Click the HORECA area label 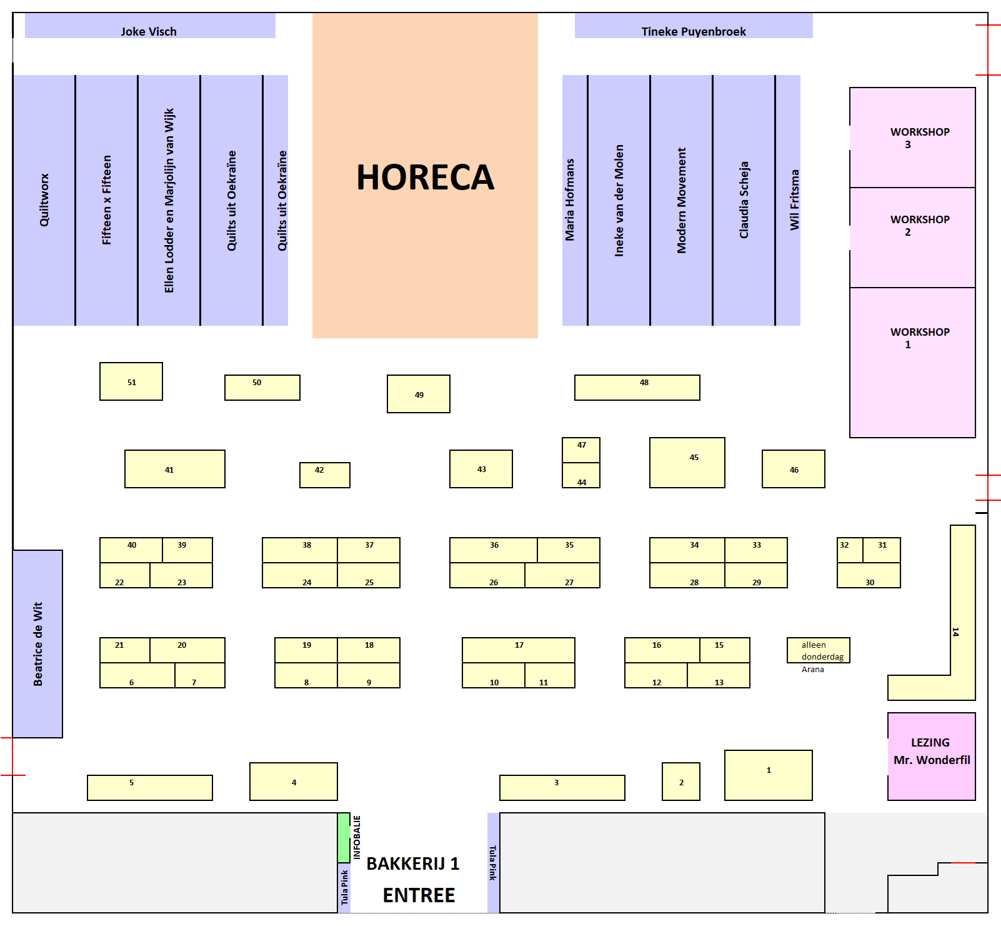pos(425,177)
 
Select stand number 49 pos(418,394)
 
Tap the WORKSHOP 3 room pos(912,138)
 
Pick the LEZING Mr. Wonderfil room pos(931,757)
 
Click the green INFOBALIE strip pos(343,838)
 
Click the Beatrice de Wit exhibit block pos(37,644)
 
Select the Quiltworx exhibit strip pos(44,200)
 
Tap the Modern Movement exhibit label pos(681,200)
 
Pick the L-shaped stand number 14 pos(962,625)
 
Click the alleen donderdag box pos(818,650)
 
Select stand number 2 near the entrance pos(680,782)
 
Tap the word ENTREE pos(419,895)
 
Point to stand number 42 pos(324,475)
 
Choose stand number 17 pos(518,650)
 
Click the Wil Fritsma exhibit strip pos(789,200)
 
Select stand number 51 pos(131,381)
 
